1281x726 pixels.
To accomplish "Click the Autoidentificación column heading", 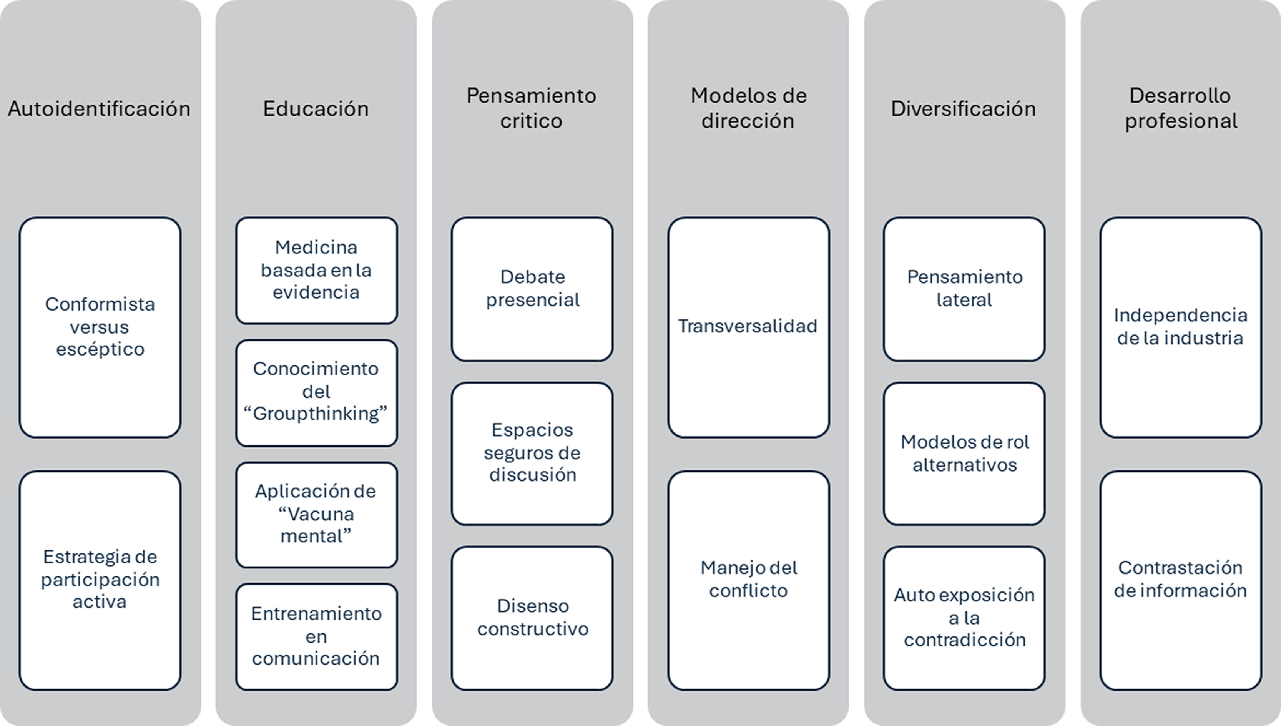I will [x=99, y=109].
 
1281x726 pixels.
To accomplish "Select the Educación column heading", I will [x=316, y=109].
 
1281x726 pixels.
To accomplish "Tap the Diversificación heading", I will [x=964, y=109].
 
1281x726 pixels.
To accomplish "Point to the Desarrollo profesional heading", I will [x=1180, y=108].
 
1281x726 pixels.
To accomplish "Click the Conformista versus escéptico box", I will [x=100, y=327].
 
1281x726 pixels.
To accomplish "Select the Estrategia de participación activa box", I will [x=100, y=580].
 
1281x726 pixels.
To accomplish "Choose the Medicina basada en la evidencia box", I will [x=316, y=270].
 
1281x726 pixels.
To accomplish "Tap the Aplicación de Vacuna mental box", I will [x=316, y=514].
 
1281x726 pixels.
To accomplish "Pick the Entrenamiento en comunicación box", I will [x=316, y=636].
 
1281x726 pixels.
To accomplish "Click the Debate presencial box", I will [x=532, y=288].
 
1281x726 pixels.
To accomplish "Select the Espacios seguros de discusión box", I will [x=532, y=453].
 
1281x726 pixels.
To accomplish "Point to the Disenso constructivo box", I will [x=532, y=617].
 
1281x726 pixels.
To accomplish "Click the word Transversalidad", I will [x=748, y=326].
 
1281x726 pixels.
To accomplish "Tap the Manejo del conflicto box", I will [x=748, y=580].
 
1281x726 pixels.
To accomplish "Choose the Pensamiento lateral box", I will [x=964, y=288].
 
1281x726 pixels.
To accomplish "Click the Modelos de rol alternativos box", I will [x=964, y=453].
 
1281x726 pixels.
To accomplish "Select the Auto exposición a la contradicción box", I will [x=964, y=617].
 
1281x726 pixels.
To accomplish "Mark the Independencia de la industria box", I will [x=1180, y=327].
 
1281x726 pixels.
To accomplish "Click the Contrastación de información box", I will [x=1180, y=580].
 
